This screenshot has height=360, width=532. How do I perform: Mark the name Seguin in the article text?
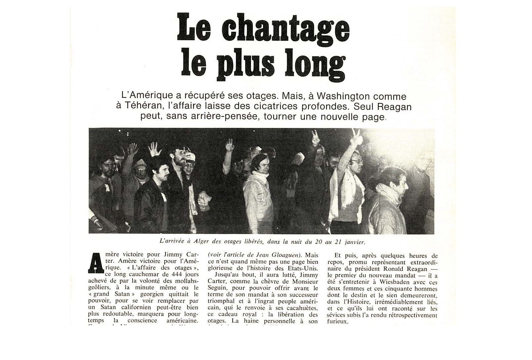click(217, 288)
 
